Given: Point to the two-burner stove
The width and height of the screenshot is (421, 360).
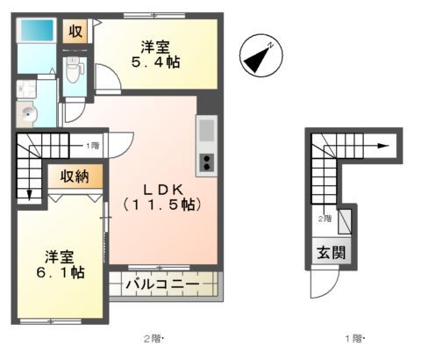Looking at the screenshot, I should (x=207, y=163).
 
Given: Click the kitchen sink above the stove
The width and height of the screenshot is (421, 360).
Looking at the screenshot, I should (x=207, y=132).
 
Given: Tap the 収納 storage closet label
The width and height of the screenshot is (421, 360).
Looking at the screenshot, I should (x=75, y=176).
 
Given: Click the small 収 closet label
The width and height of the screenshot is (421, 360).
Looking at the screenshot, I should (x=75, y=32).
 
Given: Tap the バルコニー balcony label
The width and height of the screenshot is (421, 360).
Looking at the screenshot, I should (x=161, y=285).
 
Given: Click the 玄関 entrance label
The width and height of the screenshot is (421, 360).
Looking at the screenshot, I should (x=331, y=252).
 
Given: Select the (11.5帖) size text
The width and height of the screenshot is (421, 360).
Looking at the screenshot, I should (x=163, y=205).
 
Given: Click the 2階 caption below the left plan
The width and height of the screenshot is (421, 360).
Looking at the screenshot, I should (x=154, y=338).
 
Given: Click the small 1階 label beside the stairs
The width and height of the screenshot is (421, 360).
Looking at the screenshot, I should (x=90, y=145).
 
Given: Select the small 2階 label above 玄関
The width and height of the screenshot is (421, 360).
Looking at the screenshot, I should (x=325, y=219).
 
